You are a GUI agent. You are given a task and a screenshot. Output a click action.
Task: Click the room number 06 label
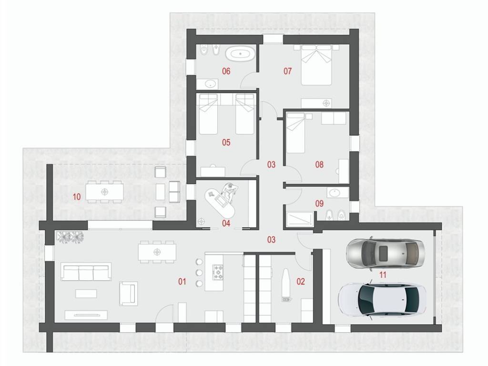click(226, 71)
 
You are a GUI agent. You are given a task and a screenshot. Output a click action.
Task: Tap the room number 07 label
click(287, 71)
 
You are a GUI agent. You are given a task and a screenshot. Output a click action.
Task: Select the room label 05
click(226, 142)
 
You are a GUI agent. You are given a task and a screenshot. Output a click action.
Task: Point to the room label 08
click(319, 164)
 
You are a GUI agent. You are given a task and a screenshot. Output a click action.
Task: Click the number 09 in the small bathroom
click(319, 203)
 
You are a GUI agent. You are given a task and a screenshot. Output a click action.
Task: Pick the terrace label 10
click(77, 197)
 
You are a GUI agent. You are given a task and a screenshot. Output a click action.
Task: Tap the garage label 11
click(383, 275)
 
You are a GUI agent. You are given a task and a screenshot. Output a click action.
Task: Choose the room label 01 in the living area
click(182, 282)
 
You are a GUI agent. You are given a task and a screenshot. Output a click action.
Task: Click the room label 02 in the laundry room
click(301, 282)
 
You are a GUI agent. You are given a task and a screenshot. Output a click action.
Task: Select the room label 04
click(226, 223)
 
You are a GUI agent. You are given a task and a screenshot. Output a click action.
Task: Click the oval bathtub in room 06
click(240, 54)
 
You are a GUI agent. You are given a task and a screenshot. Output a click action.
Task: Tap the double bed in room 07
click(316, 65)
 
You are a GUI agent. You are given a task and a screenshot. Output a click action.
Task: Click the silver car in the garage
click(386, 253)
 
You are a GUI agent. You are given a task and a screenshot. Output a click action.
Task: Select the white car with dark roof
click(382, 300)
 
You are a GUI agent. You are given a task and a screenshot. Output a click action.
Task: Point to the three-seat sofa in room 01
click(86, 272)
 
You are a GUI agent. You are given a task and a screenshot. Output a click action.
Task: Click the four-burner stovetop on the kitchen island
click(218, 272)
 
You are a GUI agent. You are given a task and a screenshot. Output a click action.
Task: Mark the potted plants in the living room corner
click(70, 237)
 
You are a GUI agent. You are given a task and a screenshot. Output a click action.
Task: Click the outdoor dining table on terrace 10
click(104, 192)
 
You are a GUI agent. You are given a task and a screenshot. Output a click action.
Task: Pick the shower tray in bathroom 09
click(300, 219)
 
